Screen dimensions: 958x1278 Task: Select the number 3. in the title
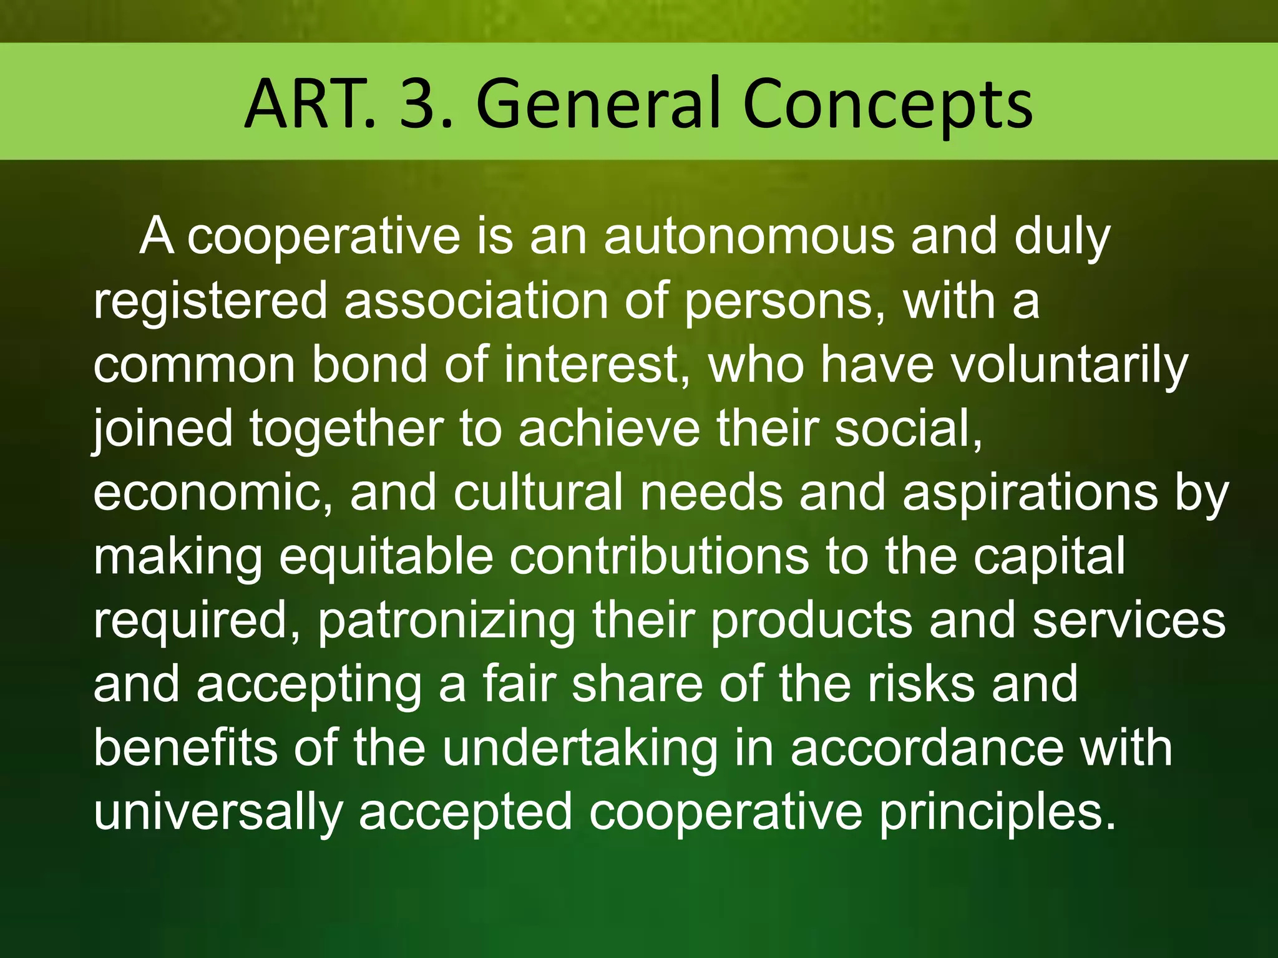tap(426, 104)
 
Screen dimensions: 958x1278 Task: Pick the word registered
tap(210, 301)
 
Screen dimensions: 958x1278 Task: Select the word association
tap(476, 301)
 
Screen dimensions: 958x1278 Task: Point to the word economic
tap(212, 493)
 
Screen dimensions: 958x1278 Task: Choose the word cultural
tap(538, 493)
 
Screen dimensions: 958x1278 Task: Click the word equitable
tap(386, 557)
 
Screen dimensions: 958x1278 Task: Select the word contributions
tap(659, 557)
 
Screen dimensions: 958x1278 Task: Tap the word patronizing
tap(447, 621)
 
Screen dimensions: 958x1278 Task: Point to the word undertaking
tap(580, 749)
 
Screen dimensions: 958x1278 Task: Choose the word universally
tap(218, 813)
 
